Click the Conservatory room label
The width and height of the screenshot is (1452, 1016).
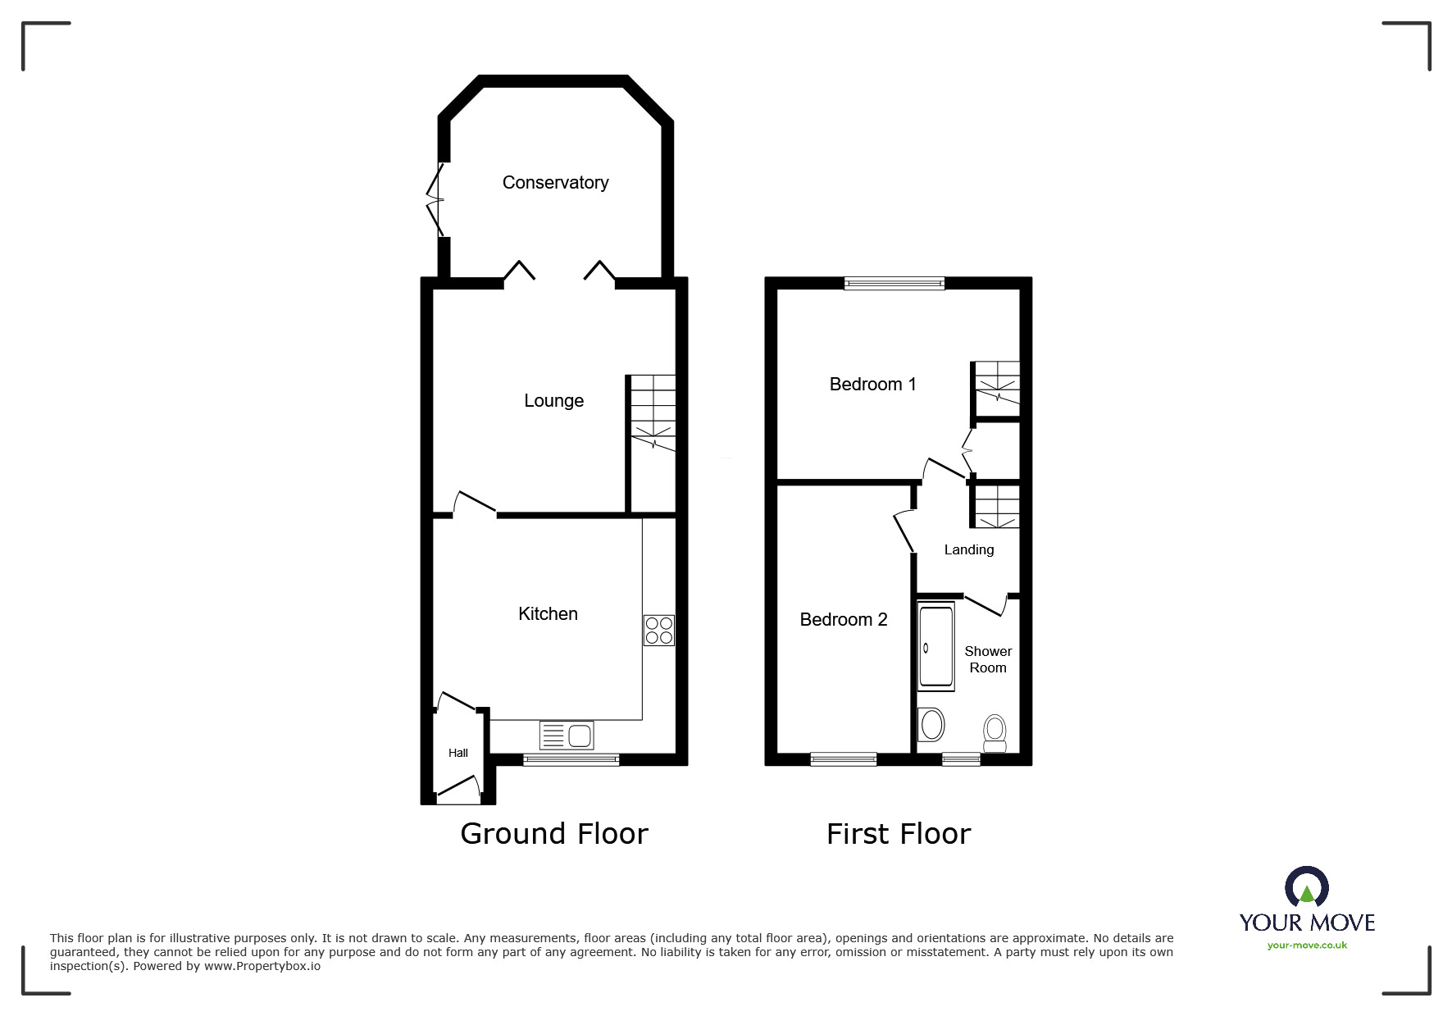click(x=555, y=182)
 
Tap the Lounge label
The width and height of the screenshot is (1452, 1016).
click(x=553, y=400)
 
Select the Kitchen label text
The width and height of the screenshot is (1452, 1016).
click(x=548, y=613)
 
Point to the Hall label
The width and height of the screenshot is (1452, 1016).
click(x=457, y=753)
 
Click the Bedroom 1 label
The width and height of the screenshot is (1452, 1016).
click(x=872, y=384)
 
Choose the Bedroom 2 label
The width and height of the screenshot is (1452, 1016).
click(x=843, y=619)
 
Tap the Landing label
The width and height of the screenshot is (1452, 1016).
click(x=968, y=549)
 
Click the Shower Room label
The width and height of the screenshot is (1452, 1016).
click(x=988, y=659)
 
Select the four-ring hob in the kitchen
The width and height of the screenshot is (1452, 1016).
click(x=659, y=630)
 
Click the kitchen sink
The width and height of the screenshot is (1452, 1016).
click(x=567, y=735)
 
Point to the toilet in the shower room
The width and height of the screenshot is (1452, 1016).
click(x=995, y=732)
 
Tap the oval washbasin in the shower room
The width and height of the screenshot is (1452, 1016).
click(x=932, y=725)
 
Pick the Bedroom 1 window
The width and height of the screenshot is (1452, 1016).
click(x=894, y=283)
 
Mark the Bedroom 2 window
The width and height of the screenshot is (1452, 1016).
click(x=843, y=759)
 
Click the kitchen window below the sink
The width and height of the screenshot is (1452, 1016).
click(x=571, y=759)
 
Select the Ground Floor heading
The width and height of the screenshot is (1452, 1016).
click(x=554, y=833)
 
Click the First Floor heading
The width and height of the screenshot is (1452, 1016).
click(x=899, y=834)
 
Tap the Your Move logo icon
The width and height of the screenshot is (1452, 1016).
click(x=1306, y=887)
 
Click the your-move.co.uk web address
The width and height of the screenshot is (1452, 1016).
click(x=1307, y=945)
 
